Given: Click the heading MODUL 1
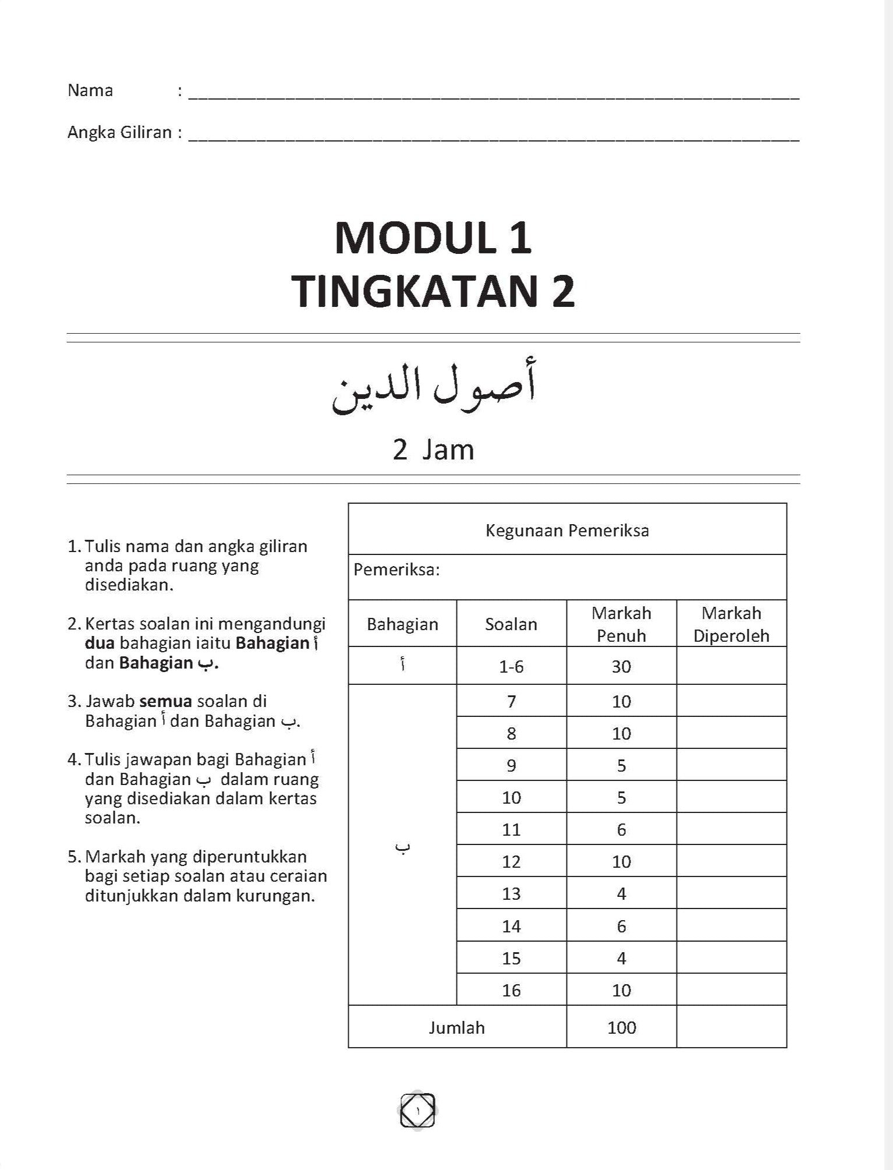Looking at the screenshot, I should [433, 238].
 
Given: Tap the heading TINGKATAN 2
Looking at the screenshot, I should [433, 292].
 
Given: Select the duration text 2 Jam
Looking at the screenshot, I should [434, 450].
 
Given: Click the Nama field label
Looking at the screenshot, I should [90, 90].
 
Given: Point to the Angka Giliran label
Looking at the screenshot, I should [120, 133].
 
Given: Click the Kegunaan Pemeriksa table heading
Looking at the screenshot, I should [567, 531].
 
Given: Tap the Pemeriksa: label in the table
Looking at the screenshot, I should [396, 570].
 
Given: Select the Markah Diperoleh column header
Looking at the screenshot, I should [731, 624].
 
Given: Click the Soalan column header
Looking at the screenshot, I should [511, 624].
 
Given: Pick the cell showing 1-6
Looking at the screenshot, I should [511, 666].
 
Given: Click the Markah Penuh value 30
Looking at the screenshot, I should [621, 666].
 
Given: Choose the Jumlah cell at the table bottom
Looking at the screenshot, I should [457, 1027].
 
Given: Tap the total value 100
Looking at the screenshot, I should [621, 1027].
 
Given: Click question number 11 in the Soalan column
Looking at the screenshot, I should [511, 829].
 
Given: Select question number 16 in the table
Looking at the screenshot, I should [511, 990].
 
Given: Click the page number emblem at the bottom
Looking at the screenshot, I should [417, 1111].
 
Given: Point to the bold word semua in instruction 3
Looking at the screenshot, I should [165, 701].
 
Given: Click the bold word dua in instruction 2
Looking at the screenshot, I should [100, 644].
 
